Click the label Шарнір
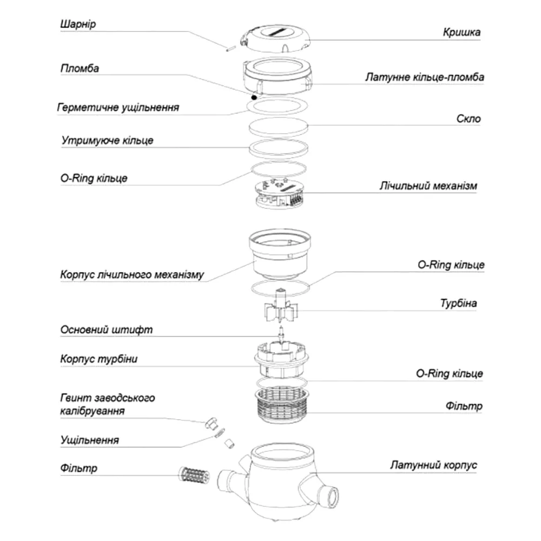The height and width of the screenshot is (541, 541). click(x=78, y=24)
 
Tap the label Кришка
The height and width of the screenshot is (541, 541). click(x=461, y=32)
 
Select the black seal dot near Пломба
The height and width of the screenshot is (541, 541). click(x=254, y=97)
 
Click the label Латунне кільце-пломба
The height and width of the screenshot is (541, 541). click(x=425, y=77)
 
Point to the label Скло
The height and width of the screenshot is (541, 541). click(x=468, y=118)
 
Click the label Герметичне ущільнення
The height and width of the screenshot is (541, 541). click(x=118, y=108)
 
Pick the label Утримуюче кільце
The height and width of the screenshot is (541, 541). click(x=107, y=141)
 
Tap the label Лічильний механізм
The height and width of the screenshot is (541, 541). click(x=428, y=186)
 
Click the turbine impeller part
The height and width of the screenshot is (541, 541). click(x=280, y=307)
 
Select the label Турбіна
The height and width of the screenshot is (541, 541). click(x=458, y=304)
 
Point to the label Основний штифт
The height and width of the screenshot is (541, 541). click(x=106, y=330)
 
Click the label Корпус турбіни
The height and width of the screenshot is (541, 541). click(x=98, y=359)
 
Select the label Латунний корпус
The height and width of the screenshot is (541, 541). click(x=433, y=465)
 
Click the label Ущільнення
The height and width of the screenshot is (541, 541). click(x=89, y=440)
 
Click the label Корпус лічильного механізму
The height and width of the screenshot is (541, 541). click(x=132, y=275)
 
